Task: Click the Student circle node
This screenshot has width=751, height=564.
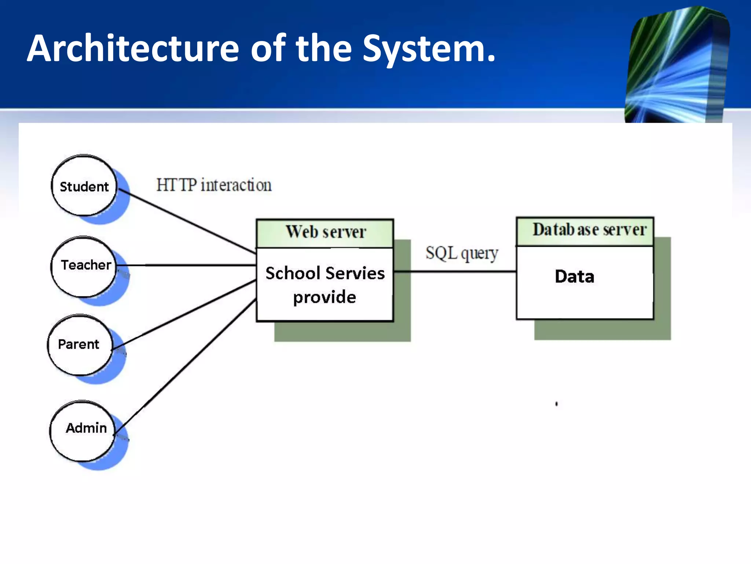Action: coord(84,186)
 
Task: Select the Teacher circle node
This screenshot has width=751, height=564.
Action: coord(84,266)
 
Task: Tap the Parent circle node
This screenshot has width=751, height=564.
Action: coord(80,344)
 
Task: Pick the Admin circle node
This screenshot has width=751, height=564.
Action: coord(83,430)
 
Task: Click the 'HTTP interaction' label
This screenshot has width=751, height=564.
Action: coord(214,185)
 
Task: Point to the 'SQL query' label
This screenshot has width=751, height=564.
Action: coord(462,253)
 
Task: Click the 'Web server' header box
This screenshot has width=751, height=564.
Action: coord(325,232)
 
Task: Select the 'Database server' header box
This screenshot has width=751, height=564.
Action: coord(585,231)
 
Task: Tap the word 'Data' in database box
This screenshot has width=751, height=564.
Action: coord(574,276)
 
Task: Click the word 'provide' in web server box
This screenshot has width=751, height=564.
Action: coord(325,297)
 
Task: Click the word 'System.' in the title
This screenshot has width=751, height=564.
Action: coord(429,49)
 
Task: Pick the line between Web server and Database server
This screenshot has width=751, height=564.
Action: coord(455,271)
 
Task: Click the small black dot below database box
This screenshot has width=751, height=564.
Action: coord(556,404)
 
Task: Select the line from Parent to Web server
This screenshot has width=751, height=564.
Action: coord(183,315)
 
